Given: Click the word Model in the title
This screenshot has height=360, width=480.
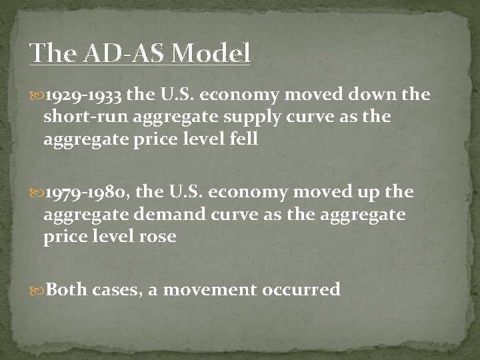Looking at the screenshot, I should pos(210,53).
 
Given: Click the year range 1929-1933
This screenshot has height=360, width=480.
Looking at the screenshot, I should pos(84,96).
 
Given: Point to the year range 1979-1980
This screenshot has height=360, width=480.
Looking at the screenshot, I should pos(85,193).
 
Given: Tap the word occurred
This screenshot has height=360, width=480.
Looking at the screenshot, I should pos(305,289).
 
